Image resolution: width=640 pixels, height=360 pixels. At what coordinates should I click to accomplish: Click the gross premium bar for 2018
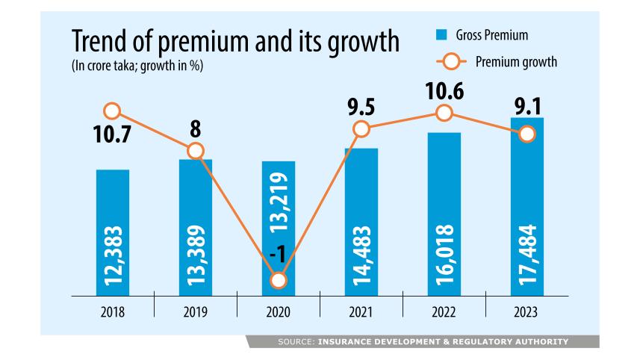(113, 232)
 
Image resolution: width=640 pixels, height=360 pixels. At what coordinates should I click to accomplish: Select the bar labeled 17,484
(527, 205)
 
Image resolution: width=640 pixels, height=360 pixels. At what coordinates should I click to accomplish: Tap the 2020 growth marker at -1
(279, 281)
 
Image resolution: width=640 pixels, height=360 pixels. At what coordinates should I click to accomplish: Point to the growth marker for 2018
(112, 111)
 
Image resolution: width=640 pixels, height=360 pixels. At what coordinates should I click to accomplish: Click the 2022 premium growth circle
(444, 113)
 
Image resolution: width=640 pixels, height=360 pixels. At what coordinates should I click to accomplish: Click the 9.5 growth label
(361, 104)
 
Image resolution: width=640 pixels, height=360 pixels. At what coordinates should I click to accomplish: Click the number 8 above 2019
(195, 127)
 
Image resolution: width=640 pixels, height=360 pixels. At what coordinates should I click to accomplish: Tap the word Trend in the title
(102, 43)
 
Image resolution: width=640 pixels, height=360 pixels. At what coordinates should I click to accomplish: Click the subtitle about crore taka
(137, 67)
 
